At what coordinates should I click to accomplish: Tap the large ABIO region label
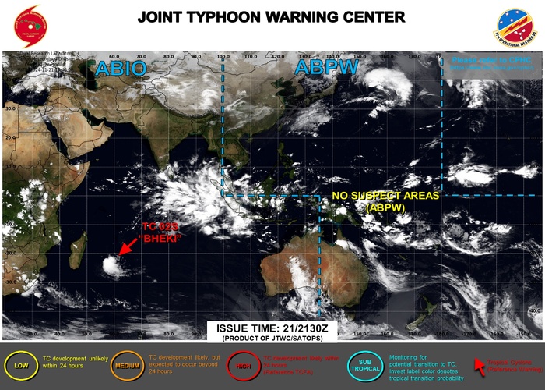click(x=120, y=69)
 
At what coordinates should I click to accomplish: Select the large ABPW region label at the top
click(x=326, y=68)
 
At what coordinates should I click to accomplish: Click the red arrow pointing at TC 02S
click(x=129, y=246)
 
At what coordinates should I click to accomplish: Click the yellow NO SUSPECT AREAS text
click(x=386, y=196)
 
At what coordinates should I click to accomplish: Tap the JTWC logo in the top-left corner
click(x=30, y=24)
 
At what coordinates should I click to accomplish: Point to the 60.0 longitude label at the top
click(x=114, y=57)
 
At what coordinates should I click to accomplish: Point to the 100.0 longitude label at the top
click(x=223, y=57)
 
